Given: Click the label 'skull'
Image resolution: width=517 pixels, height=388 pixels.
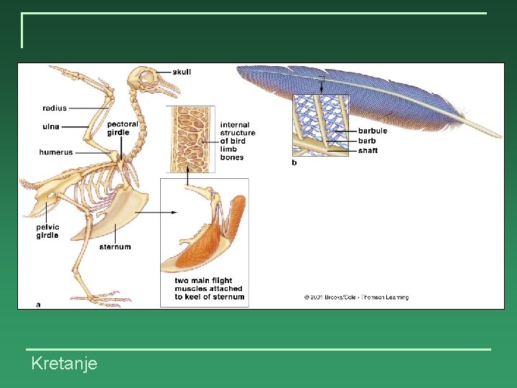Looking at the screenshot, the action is [182, 72].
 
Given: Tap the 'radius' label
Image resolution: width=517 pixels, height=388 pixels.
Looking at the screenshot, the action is [55, 108].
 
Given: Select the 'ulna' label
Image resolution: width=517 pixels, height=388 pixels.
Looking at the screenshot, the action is [50, 126].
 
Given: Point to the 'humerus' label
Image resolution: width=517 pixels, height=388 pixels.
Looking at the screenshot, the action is [56, 152].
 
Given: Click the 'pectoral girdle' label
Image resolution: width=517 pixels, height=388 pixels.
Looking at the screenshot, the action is [123, 128].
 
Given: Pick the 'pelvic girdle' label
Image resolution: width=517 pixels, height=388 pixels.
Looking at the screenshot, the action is [47, 231].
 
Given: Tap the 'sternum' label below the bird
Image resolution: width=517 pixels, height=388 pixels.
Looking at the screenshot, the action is [115, 247].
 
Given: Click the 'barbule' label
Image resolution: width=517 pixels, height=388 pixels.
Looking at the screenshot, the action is [373, 131].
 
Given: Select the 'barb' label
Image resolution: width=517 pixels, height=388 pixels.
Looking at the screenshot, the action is [367, 141].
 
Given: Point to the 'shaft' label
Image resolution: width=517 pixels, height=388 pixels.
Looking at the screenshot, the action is [368, 151].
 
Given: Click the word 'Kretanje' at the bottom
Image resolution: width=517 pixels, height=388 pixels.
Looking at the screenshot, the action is [64, 364].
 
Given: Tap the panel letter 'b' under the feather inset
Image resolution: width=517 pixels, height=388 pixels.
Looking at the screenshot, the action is [294, 162].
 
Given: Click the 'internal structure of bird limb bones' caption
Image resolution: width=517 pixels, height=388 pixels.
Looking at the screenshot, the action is [238, 141].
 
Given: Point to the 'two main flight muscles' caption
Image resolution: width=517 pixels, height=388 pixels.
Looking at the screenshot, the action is [209, 289].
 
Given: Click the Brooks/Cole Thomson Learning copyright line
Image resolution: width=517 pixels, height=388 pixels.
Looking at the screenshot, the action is [356, 297].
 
